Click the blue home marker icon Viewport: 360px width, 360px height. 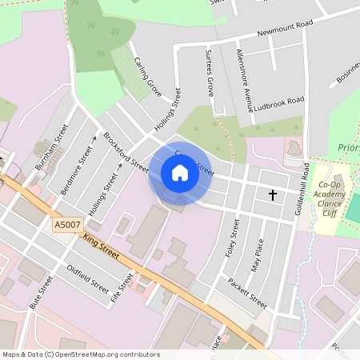click(x=180, y=173)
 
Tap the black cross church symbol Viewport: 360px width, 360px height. click(x=272, y=194)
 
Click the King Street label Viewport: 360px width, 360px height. click(x=101, y=246)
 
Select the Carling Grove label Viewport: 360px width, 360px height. click(x=148, y=78)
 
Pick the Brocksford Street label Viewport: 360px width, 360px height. click(x=126, y=153)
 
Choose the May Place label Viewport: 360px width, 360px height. click(x=257, y=255)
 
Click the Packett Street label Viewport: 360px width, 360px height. click(x=246, y=294)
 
